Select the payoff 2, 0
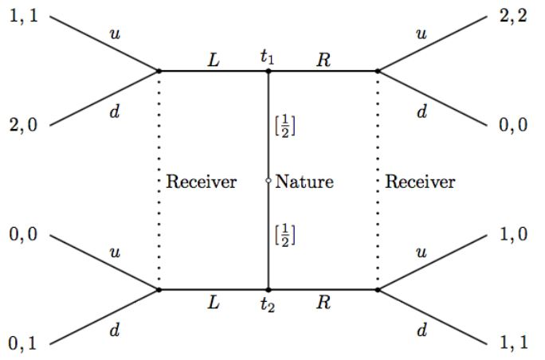click(22, 125)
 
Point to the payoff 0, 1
click(22, 345)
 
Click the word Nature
click(304, 182)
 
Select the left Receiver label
click(202, 182)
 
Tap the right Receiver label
click(420, 182)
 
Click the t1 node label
click(268, 57)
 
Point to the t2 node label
click(268, 305)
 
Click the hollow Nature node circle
click(268, 182)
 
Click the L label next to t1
click(213, 58)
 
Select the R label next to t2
click(323, 303)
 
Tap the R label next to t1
click(323, 58)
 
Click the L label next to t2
click(213, 303)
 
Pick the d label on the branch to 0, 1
click(113, 329)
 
